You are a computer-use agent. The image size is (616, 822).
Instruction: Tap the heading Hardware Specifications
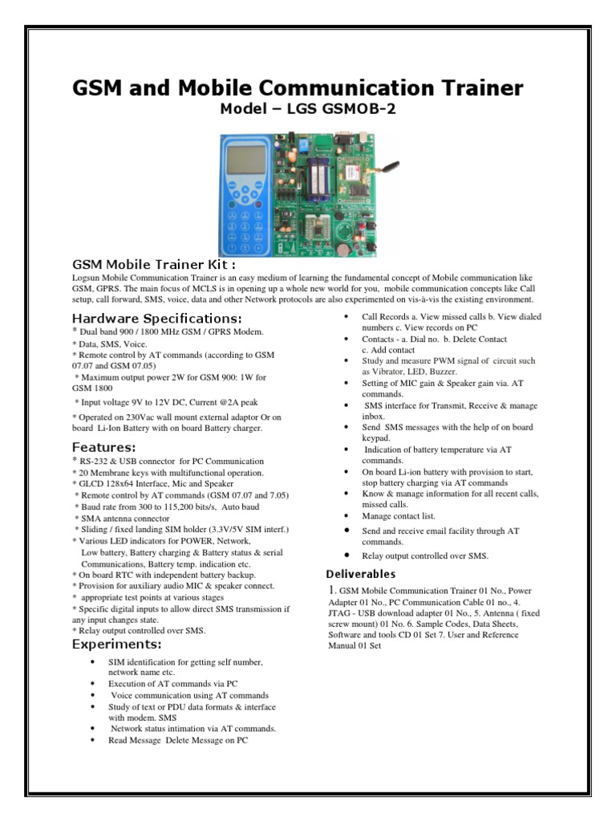[152, 318]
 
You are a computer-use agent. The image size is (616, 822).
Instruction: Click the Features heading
[104, 446]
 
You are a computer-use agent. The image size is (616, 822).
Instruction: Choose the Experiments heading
[117, 644]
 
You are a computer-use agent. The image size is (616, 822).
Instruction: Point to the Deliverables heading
[360, 574]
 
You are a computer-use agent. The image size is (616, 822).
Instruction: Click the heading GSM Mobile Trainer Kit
[154, 264]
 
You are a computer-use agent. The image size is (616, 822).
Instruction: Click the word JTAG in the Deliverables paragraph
[341, 612]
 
